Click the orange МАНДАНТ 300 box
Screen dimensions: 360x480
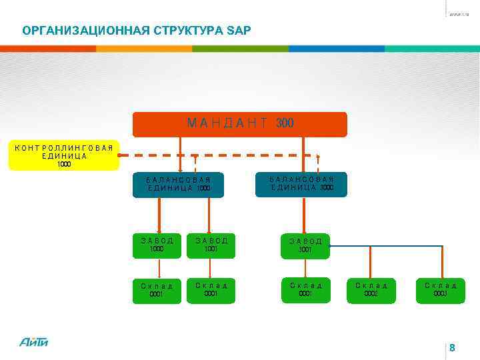(x=239, y=124)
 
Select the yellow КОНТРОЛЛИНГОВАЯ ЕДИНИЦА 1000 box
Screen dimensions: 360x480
(x=64, y=155)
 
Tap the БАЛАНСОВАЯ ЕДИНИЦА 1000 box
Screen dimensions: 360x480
(x=179, y=185)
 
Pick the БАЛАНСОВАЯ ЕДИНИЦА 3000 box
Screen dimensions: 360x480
(x=301, y=184)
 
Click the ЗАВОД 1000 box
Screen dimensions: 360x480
(x=157, y=245)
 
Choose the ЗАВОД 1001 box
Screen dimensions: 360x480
(x=211, y=245)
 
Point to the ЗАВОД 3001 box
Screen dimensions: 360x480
(x=305, y=245)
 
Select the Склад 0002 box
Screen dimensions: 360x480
(x=371, y=290)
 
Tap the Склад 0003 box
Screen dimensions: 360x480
(x=440, y=290)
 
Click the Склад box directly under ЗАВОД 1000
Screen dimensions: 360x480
(x=157, y=291)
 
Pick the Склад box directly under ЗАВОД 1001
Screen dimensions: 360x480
(x=211, y=290)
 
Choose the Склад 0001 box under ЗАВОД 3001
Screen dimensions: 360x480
(x=305, y=290)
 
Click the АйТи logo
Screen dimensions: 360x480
(x=34, y=341)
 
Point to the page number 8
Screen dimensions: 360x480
(x=452, y=348)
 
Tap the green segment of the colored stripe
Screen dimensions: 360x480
(x=240, y=49)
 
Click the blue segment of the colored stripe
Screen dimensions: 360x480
(x=336, y=49)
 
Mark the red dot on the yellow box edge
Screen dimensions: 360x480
(x=119, y=155)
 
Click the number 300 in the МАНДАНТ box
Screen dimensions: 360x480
(x=285, y=123)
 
